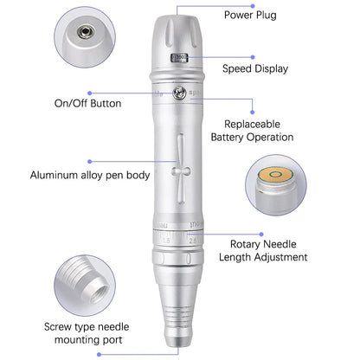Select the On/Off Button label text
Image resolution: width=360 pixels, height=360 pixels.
tap(87, 103)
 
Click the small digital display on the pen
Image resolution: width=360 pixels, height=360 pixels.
tap(179, 61)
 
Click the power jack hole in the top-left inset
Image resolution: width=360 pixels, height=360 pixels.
tap(84, 30)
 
